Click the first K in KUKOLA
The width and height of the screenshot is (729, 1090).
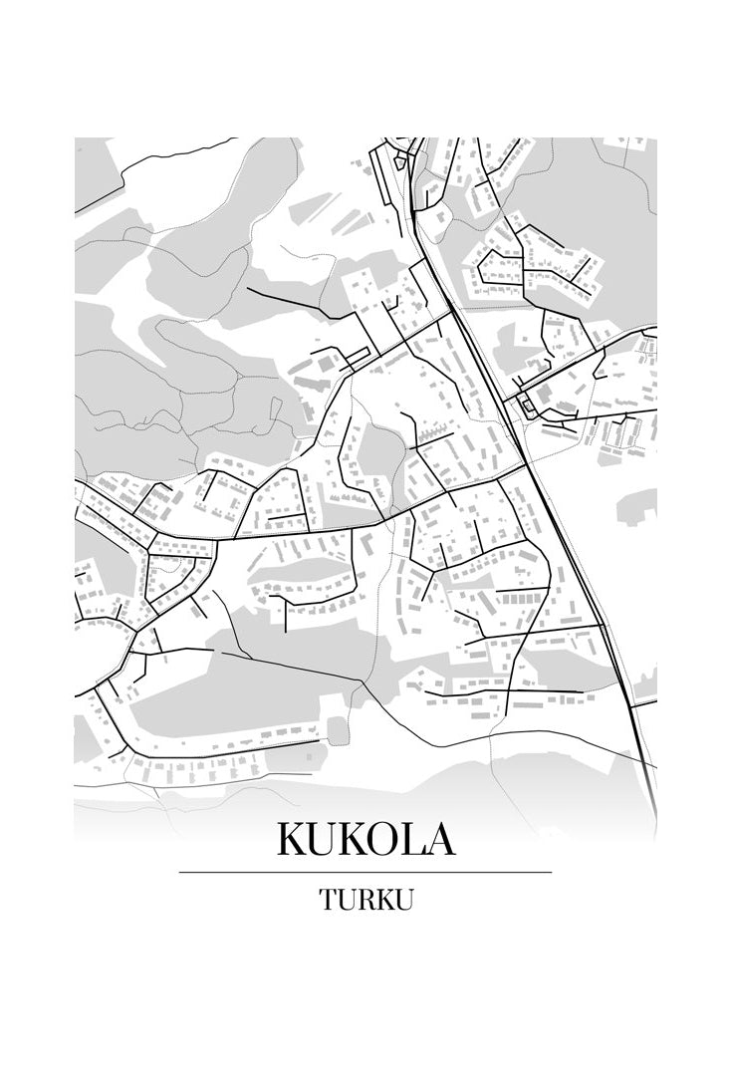(293, 839)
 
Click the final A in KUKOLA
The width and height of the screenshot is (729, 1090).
(447, 839)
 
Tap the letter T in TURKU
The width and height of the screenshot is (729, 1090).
(329, 899)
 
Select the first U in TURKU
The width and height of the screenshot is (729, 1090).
(348, 899)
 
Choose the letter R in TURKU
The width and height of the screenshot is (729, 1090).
(366, 899)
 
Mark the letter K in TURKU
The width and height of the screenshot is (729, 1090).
(385, 899)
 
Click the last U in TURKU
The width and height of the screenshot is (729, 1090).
(404, 899)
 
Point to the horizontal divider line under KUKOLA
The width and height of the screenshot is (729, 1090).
(364, 872)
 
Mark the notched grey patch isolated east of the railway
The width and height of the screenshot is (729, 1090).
(637, 506)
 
